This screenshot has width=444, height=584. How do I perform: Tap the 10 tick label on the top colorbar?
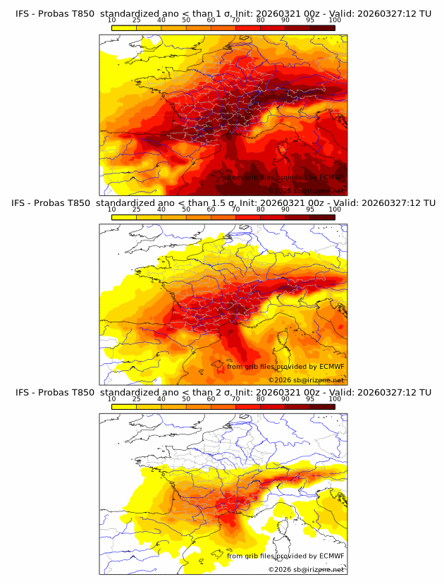(112, 20)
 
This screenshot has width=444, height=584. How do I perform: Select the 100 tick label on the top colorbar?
(335, 20)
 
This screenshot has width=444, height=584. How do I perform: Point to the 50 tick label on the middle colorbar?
(186, 209)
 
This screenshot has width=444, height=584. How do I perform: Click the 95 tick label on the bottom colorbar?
(310, 399)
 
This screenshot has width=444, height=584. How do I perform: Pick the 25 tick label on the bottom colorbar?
(137, 399)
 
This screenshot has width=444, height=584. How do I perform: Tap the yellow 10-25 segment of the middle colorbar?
(124, 217)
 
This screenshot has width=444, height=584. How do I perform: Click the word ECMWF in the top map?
(328, 178)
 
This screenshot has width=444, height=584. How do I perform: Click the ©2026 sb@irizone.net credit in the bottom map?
(307, 568)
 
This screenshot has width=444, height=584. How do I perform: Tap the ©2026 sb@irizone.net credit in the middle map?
(307, 379)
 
